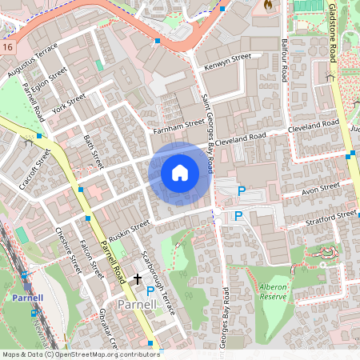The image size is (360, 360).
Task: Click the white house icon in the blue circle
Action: (x=180, y=172)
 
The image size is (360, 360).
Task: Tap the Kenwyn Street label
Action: (x=228, y=62)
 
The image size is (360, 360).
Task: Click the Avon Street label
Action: (x=320, y=188)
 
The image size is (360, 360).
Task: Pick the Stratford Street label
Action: (x=335, y=215)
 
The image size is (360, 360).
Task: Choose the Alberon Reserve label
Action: (x=274, y=290)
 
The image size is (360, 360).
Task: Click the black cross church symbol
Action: (x=138, y=279)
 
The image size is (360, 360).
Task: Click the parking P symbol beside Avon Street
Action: (x=240, y=191)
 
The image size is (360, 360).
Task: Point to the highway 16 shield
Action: (x=6, y=47)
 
